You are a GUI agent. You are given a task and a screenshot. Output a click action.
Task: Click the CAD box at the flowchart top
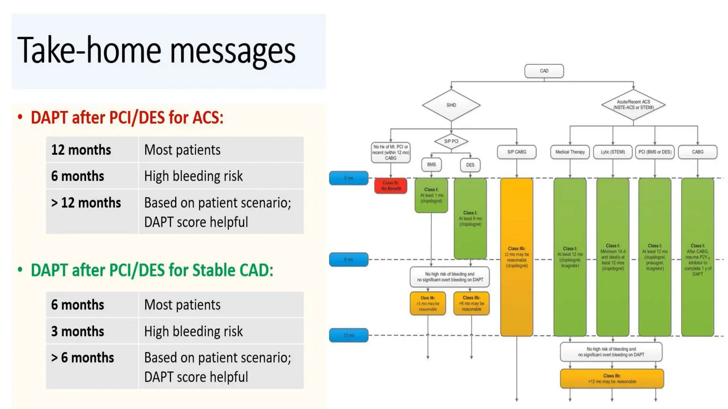pos(544,71)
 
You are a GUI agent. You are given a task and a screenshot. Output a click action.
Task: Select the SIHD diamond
pos(451,105)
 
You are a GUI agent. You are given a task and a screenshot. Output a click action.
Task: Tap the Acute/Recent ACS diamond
pos(633,105)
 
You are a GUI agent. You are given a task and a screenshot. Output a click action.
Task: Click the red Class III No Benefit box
pos(391,186)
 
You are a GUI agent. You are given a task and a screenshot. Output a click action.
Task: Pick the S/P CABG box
pos(516,152)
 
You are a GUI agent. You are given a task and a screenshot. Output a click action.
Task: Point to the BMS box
pos(431,164)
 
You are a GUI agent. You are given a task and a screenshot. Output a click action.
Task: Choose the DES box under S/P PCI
pos(470,165)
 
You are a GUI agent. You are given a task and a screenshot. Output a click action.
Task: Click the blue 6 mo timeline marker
pos(348,260)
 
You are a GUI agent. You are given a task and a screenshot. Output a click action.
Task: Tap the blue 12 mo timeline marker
pos(348,335)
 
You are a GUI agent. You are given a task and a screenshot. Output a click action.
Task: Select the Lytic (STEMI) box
pos(613,152)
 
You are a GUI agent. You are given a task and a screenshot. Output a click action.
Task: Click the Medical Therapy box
pos(570,152)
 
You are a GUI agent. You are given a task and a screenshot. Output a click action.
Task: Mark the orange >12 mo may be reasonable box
pos(612,378)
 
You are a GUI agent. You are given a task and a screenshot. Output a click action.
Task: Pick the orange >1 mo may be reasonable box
pos(428,304)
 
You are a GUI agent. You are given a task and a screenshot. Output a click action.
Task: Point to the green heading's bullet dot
pos(20,270)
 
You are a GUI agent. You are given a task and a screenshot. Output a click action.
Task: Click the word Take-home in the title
pos(89,50)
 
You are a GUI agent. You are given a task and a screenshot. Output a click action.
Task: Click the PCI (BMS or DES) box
pos(655,152)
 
